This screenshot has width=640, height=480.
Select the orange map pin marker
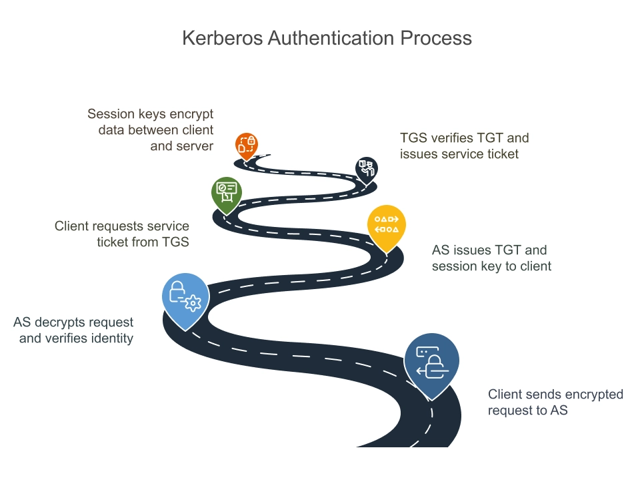(247, 145)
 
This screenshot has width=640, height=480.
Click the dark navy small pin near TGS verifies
(366, 168)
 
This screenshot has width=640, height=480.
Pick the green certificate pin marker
(227, 192)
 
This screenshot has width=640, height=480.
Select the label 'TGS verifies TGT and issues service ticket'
(464, 146)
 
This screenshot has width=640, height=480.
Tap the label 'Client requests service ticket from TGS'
(122, 234)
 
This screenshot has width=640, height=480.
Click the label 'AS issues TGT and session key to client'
(491, 258)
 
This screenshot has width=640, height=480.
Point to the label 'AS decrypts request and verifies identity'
(73, 330)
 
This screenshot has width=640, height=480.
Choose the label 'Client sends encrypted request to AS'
(555, 402)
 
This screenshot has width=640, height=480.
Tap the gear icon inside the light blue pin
(193, 304)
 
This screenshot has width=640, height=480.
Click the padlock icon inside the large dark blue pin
(435, 366)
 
